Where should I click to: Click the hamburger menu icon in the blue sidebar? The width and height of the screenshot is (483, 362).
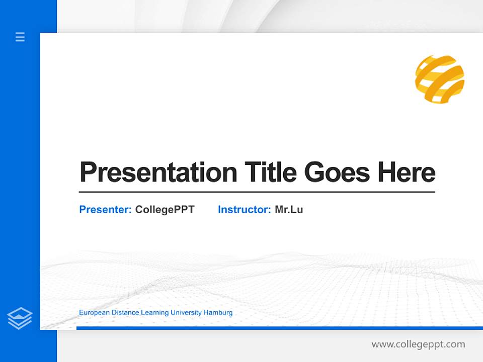pos(20,37)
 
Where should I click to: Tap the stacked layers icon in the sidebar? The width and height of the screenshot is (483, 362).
pos(20,318)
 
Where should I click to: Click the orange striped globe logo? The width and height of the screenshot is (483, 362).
pos(439,79)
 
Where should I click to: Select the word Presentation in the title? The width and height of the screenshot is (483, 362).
pos(158,172)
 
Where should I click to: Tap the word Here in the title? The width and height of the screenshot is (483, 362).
pos(407,172)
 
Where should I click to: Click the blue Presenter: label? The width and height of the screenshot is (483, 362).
pos(105,210)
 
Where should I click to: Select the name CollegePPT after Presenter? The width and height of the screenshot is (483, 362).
pos(165,210)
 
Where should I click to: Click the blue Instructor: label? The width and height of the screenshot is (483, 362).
pos(244,210)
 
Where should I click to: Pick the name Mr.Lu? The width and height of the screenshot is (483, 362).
pos(289,210)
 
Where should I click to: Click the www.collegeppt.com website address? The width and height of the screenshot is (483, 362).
pos(418,344)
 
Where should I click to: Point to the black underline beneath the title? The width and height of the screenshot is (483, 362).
pos(257,192)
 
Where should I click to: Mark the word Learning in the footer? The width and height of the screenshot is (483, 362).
pos(155,313)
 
